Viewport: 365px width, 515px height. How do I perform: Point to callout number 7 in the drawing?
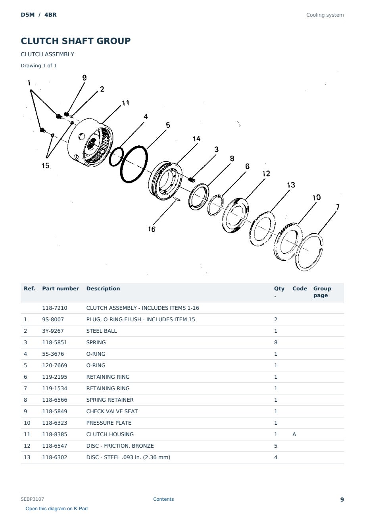[x=337, y=207]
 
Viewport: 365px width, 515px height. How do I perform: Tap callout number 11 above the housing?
[x=125, y=103]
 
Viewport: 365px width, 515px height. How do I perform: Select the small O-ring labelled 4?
[x=109, y=158]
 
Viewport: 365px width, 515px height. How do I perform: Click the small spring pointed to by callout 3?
[x=192, y=180]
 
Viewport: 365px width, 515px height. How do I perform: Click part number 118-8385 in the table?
[x=55, y=434]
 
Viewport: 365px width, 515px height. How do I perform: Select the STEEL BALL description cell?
[x=102, y=331]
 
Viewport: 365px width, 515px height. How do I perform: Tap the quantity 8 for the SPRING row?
[x=276, y=342]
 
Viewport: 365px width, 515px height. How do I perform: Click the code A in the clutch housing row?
[x=294, y=434]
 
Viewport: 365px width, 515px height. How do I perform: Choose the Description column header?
[x=103, y=288]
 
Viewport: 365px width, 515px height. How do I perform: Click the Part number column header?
[x=61, y=288]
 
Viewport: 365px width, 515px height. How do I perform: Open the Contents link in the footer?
[x=163, y=499]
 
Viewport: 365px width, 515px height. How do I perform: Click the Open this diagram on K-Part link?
[x=57, y=509]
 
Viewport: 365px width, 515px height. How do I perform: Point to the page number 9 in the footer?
[x=342, y=500]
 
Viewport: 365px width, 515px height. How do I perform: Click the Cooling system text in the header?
[x=325, y=15]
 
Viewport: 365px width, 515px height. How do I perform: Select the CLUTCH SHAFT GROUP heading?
[x=76, y=41]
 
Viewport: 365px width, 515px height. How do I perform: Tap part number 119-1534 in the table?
[x=55, y=388]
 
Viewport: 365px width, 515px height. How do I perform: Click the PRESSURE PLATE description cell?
[x=109, y=423]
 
